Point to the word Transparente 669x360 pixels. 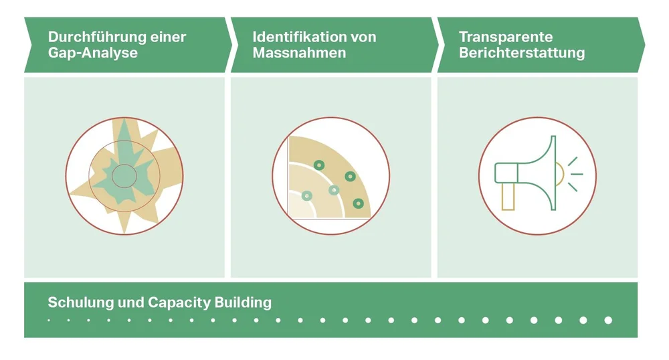(506, 37)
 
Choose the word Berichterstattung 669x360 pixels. (522, 52)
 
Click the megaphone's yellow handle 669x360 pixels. (508, 197)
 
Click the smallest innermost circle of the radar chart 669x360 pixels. (124, 176)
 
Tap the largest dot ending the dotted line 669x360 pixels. (608, 321)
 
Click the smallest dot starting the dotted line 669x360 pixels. (49, 321)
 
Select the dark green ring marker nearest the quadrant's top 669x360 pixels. (319, 164)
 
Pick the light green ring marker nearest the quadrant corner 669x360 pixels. (307, 195)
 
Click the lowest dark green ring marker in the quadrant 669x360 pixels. (358, 203)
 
